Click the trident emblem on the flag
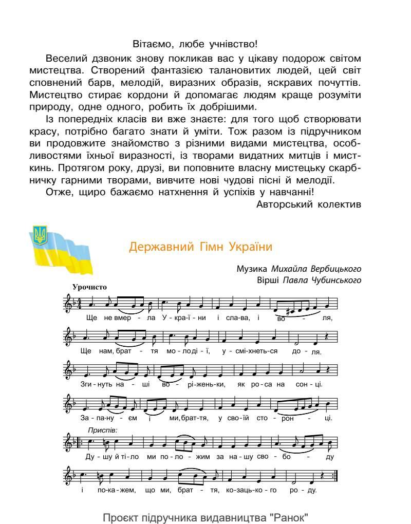click(40, 234)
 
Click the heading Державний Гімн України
click(200, 247)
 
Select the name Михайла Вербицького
click(316, 269)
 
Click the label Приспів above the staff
click(102, 429)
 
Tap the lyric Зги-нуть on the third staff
click(94, 384)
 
